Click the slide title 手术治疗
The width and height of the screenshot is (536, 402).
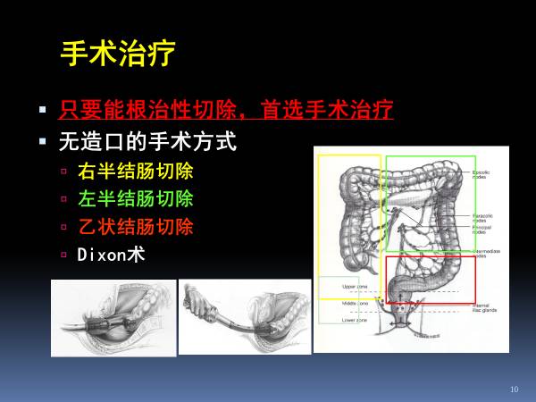[117, 54]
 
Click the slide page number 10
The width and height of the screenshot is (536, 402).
[514, 389]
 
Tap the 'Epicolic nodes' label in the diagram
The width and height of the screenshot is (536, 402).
[484, 173]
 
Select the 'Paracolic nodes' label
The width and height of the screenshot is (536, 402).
[482, 217]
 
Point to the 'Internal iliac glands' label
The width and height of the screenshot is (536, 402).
[485, 308]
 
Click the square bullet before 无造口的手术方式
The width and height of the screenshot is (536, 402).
[42, 141]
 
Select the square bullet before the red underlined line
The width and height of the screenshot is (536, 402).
[42, 112]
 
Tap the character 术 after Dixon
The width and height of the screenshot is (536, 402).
[137, 253]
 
